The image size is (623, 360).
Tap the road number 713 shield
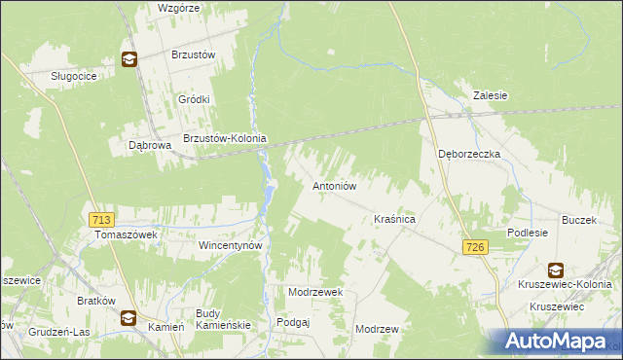coord(98,220)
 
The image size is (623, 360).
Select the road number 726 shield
coord(475,248)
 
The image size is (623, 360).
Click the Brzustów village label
coord(193,55)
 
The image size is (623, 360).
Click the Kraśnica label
coord(395,221)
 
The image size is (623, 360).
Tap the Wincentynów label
coord(232,246)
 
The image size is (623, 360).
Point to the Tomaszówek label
coord(125,234)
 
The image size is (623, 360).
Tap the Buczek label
coord(578,220)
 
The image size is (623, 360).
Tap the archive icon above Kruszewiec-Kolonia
coord(555,270)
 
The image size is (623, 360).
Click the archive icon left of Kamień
coord(128,317)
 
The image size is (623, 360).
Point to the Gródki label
coord(195,99)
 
